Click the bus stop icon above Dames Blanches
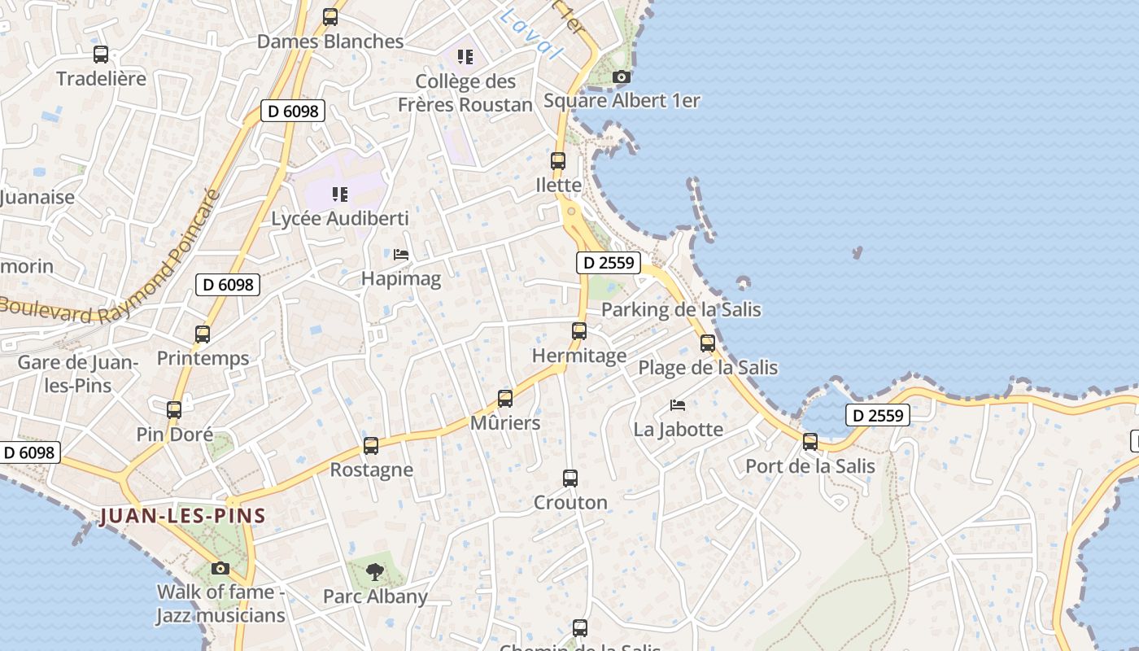pos(329,16)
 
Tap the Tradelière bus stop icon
pos(101,55)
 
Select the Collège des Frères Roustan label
pos(465,93)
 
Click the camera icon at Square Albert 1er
pos(621,76)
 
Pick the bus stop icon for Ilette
pos(558,161)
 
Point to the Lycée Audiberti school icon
pos(340,194)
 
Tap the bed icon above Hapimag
pos(401,255)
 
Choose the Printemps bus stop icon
pos(203,334)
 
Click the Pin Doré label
pos(175,435)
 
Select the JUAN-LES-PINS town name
pos(183,516)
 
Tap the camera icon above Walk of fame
pos(220,568)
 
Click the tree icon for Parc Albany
pos(375,572)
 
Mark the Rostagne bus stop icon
pos(371,446)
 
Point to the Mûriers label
pos(505,423)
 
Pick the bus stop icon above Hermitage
pos(579,331)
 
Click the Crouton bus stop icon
pos(570,478)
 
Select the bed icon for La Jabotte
pos(678,404)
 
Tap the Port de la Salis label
pos(810,466)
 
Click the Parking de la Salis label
pos(681,309)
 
